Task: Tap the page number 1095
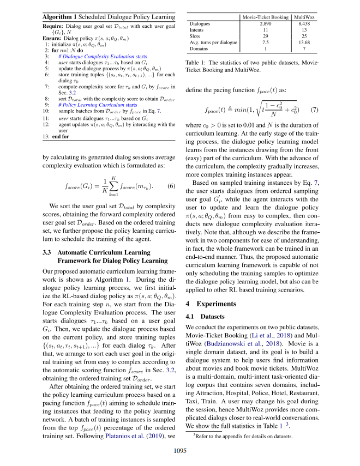pyautogui.click(x=180, y=450)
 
